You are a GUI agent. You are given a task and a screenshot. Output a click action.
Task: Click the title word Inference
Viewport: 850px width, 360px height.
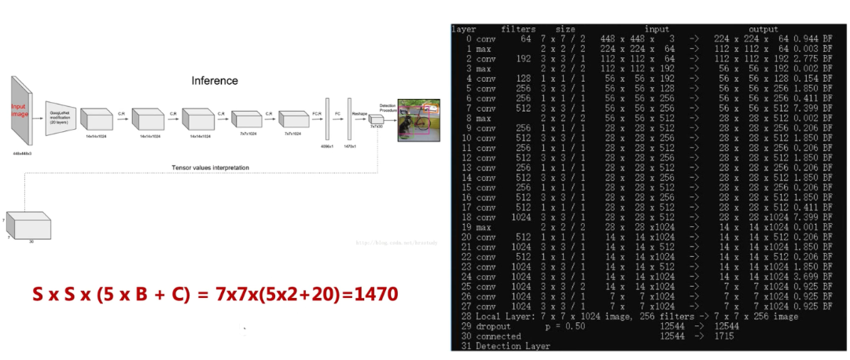215,81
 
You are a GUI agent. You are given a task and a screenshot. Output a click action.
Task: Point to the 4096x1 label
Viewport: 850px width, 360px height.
328,146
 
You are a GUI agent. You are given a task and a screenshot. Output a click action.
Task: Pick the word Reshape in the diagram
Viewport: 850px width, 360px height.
361,113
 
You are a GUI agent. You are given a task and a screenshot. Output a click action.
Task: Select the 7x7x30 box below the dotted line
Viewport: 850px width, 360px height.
30,226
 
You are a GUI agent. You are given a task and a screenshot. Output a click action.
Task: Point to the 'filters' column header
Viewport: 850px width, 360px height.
517,29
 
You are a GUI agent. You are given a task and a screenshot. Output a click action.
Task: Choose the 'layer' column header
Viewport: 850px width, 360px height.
463,29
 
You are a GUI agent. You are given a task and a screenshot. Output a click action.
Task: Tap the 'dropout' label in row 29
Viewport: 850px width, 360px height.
493,325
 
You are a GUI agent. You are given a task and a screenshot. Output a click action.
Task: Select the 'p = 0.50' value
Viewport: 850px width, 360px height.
566,325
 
